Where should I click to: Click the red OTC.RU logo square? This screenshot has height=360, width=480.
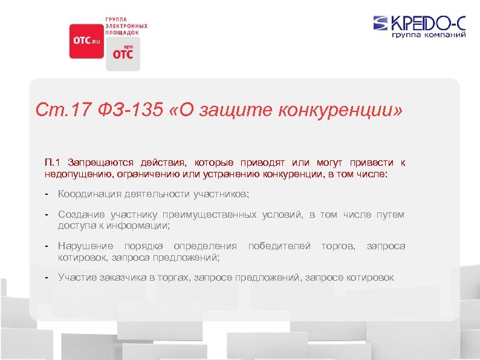pyautogui.click(x=86, y=41)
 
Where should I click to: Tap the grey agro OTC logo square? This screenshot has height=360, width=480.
pyautogui.click(x=123, y=54)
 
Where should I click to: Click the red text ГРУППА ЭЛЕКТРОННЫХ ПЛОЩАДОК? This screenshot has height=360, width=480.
pyautogui.click(x=127, y=26)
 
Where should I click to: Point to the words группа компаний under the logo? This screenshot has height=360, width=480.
pyautogui.click(x=429, y=36)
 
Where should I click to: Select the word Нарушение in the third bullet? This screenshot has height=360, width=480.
pyautogui.click(x=85, y=246)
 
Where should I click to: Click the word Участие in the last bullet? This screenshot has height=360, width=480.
pyautogui.click(x=76, y=277)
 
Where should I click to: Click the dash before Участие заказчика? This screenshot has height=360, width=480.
pyautogui.click(x=47, y=277)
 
